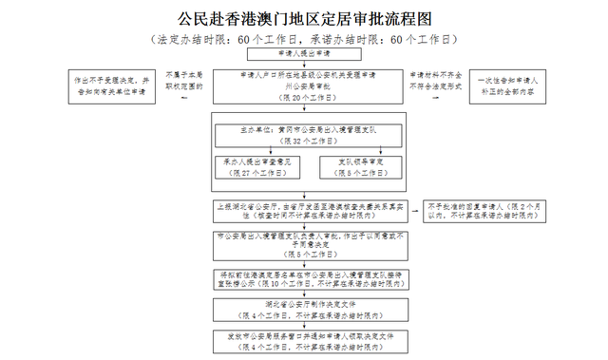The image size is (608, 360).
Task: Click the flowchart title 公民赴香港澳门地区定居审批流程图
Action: pos(304,18)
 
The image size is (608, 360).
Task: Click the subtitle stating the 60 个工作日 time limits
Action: pos(304,40)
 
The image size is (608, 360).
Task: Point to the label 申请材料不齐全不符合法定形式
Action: pos(435,81)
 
